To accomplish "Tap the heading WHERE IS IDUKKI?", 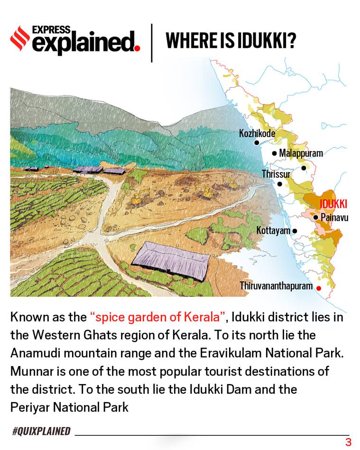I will click(x=231, y=42).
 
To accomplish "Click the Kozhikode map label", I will click(x=257, y=133).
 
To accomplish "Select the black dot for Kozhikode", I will click(x=257, y=142).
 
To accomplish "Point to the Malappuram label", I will click(x=301, y=153).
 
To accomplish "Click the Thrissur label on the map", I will click(x=276, y=174).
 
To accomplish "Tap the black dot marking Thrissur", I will click(x=280, y=184).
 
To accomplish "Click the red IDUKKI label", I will click(x=333, y=204).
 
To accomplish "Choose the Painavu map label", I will click(x=334, y=217).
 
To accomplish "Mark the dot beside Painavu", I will click(x=316, y=217).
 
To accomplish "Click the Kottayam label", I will click(x=273, y=230).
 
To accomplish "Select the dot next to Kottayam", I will click(x=295, y=231).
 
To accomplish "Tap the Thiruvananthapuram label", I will click(x=276, y=286).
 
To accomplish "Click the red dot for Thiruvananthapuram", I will click(x=319, y=288).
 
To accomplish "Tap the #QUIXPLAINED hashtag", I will click(x=41, y=431).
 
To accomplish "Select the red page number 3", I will click(x=348, y=442).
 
